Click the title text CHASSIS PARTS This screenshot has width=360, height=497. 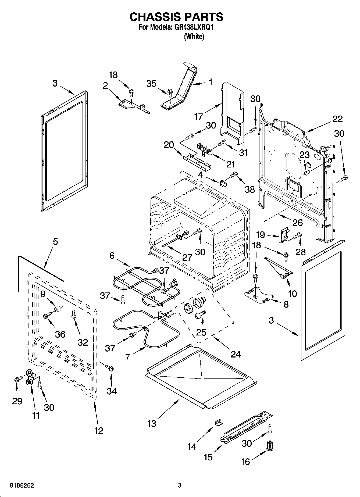[x=176, y=17]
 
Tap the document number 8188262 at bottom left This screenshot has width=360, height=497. [x=22, y=485]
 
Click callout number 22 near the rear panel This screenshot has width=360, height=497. [x=337, y=119]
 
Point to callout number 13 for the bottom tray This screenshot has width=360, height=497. [x=152, y=424]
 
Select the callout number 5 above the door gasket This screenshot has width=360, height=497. [x=55, y=242]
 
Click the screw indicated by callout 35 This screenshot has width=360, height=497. [x=170, y=92]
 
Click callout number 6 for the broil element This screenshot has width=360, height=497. [x=112, y=256]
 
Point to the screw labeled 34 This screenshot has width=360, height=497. [x=110, y=367]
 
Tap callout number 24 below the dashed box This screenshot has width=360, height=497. [x=236, y=354]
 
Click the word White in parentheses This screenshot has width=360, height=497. [x=194, y=37]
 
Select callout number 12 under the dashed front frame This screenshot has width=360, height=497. [x=99, y=431]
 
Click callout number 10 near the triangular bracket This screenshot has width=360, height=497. [x=292, y=294]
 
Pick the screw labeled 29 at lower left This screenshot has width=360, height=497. [x=17, y=379]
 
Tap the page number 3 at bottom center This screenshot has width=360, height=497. [x=180, y=485]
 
